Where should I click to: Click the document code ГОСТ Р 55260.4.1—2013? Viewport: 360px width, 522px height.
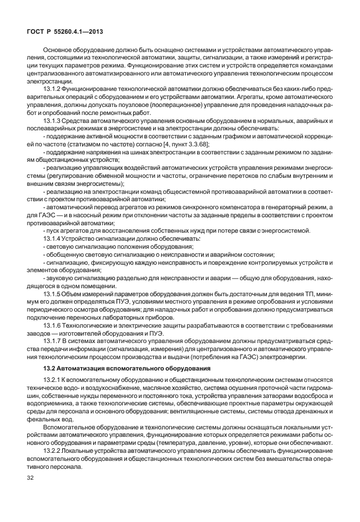65,32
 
